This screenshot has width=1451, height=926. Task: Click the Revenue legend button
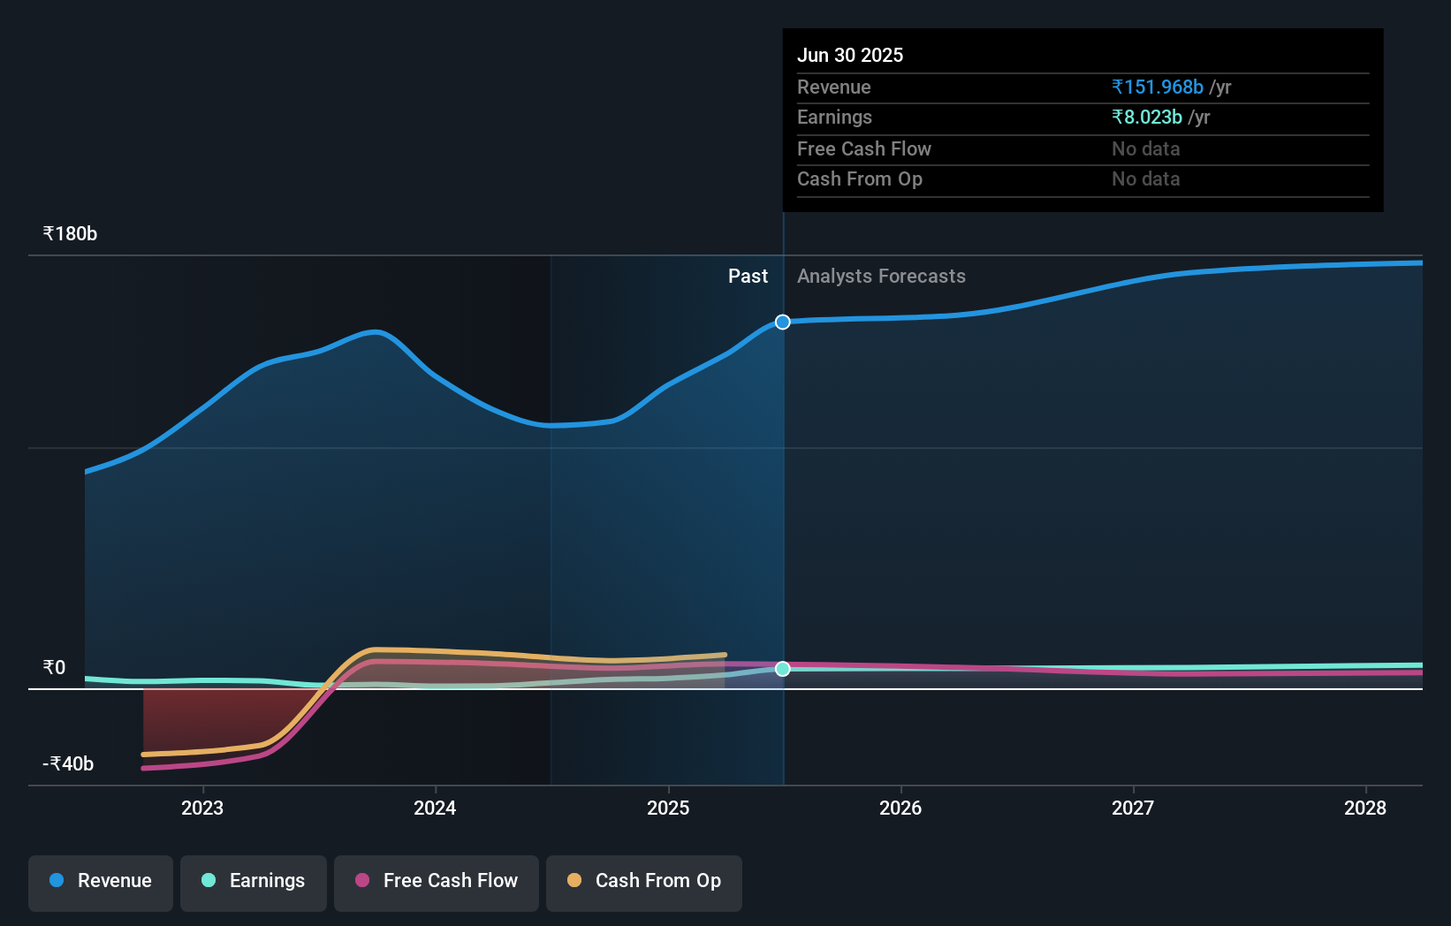coord(101,882)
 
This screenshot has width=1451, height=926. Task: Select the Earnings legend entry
coord(254,882)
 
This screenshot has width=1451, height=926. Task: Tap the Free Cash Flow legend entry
coord(437,882)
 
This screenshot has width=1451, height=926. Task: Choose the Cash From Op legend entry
coord(644,882)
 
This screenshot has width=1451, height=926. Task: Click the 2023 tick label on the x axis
coord(202,808)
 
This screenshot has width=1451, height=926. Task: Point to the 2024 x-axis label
coord(435,808)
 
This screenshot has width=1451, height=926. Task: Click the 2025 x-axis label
coord(668,808)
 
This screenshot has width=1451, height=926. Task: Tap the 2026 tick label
coord(900,808)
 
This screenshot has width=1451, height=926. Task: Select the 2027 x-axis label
coord(1133,808)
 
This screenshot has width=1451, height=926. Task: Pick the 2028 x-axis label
coord(1365,808)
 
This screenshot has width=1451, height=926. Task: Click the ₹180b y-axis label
coord(70,234)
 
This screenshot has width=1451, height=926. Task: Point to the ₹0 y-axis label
coord(55,668)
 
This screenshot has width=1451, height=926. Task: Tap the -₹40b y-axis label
coord(68,764)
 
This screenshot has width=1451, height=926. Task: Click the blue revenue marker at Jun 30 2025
coord(783,322)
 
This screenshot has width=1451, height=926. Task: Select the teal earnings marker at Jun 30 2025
coord(783,669)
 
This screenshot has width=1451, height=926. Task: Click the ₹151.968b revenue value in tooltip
coord(1158,87)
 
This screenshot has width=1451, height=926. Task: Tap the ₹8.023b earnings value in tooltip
coord(1147,118)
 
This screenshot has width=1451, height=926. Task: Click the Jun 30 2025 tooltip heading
coord(850,56)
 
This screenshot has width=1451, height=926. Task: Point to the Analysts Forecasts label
coord(881,277)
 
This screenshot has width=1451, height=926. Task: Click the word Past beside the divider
coord(748,277)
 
